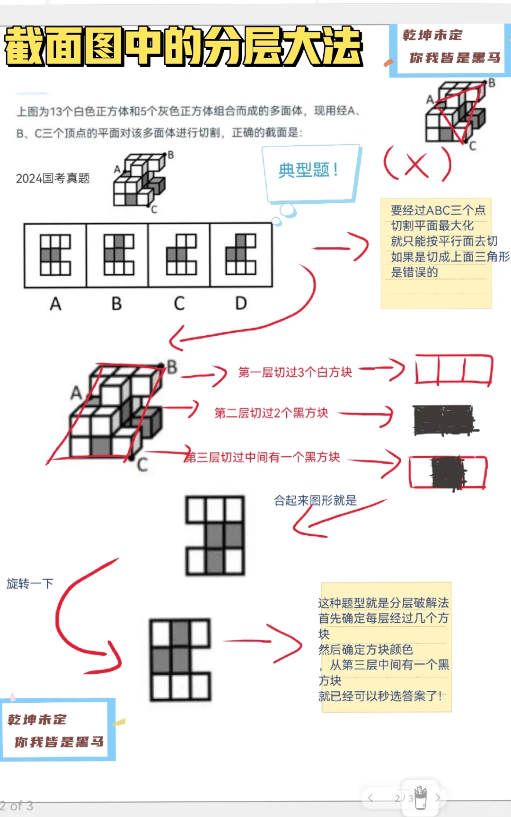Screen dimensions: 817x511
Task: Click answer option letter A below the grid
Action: point(55,304)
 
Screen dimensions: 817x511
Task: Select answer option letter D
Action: point(241,303)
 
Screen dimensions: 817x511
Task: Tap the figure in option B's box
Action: point(119,255)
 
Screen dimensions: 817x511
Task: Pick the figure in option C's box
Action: point(181,255)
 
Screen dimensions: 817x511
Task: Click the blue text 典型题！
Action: point(308,170)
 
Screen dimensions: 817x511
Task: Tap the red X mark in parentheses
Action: point(417,165)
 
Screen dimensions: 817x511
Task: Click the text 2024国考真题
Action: point(53,178)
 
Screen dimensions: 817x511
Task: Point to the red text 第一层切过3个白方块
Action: point(295,373)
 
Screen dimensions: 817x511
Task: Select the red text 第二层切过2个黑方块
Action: point(271,413)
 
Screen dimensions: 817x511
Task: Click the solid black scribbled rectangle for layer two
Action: point(444,420)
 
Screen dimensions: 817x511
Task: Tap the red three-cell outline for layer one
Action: point(454,370)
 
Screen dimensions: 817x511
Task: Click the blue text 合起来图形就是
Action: point(315,500)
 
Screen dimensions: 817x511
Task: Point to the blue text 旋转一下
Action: point(30,583)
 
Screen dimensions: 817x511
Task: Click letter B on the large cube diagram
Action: point(172,366)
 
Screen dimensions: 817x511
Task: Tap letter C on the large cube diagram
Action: point(142,465)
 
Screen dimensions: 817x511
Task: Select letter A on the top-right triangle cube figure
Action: point(430,99)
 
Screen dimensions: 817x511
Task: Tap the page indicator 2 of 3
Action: point(17,806)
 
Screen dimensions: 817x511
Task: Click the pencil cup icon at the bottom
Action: point(421,797)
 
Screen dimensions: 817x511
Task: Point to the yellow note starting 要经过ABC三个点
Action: point(436,253)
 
